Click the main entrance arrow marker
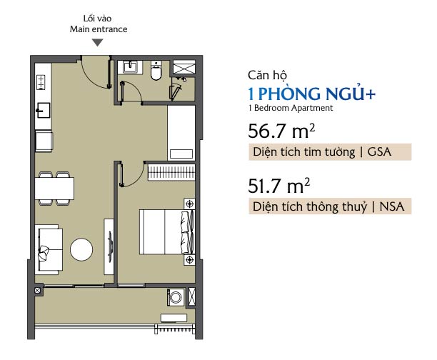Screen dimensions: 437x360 pyautogui.click(x=98, y=43)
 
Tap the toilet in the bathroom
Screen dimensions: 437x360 pyautogui.click(x=156, y=71)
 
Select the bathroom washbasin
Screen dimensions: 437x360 pyautogui.click(x=130, y=67)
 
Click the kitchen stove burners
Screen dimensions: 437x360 pyautogui.click(x=41, y=83)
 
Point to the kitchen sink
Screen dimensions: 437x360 pyautogui.click(x=44, y=110)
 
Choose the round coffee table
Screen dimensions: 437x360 pyautogui.click(x=81, y=249)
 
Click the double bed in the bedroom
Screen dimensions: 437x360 pyautogui.click(x=166, y=231)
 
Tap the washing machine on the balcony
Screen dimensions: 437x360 pyautogui.click(x=176, y=297)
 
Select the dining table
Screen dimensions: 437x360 pyautogui.click(x=54, y=189)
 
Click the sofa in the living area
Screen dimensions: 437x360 pyautogui.click(x=49, y=249)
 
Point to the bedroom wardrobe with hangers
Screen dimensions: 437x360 pyautogui.click(x=171, y=172)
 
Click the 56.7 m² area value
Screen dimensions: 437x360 pyautogui.click(x=281, y=131)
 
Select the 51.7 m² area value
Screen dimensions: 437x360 pyautogui.click(x=279, y=186)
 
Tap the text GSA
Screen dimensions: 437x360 pyautogui.click(x=379, y=151)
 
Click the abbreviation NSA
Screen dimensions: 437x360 pyautogui.click(x=392, y=206)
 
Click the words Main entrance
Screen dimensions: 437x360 pyautogui.click(x=99, y=29)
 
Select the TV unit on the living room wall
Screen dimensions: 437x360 pyautogui.click(x=109, y=246)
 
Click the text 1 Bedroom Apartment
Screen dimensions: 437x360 pyautogui.click(x=291, y=108)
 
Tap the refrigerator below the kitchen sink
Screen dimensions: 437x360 pyautogui.click(x=44, y=141)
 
